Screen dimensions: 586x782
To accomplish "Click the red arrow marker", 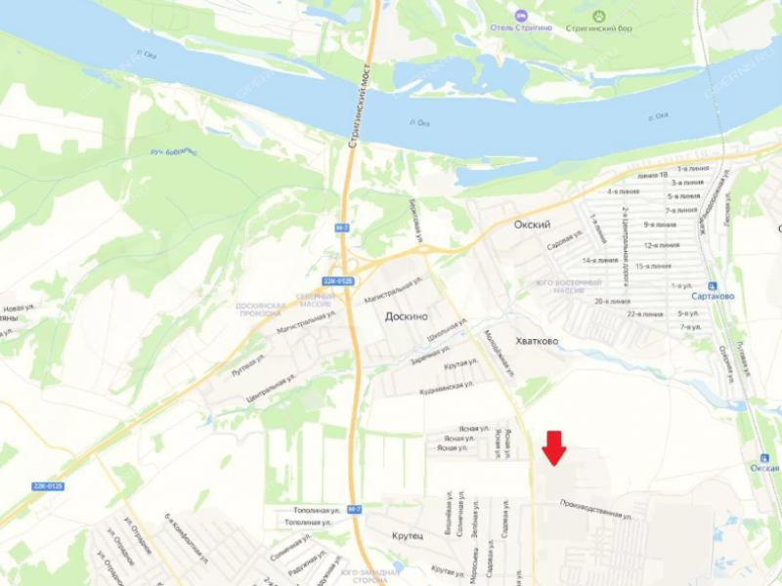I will pos(554,447).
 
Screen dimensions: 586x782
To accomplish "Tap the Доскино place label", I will pos(408,317).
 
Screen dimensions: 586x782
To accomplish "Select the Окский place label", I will pos(532,225).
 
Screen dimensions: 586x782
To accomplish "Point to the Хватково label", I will pos(536,341).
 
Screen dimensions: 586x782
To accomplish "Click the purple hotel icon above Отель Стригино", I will pos(520,15).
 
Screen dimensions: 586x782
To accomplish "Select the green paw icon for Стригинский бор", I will pos(598,15).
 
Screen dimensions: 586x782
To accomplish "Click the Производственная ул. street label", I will pos(595,509).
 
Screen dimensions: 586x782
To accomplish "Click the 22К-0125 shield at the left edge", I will pos(47,485).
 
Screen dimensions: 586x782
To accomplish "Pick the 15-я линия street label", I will pos(653,266).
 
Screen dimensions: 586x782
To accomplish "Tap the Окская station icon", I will pos(763,459).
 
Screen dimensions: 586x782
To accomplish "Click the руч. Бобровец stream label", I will pos(174,152).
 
